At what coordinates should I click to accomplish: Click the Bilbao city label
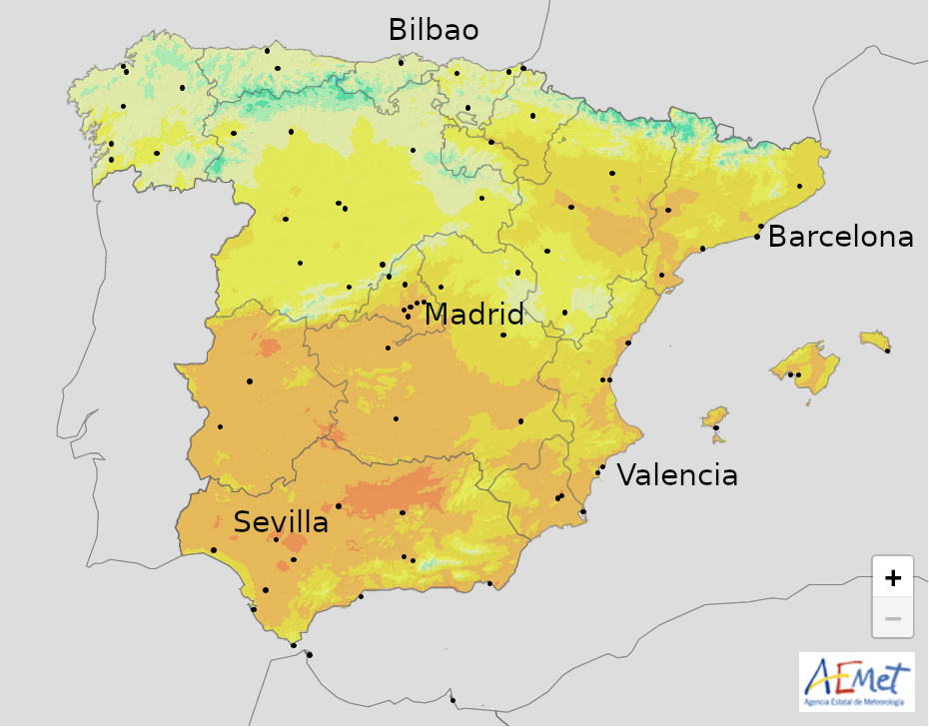(x=434, y=30)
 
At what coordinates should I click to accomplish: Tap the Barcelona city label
(x=840, y=237)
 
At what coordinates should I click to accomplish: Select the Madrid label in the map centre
(x=474, y=315)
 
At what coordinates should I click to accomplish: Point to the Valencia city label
(x=677, y=475)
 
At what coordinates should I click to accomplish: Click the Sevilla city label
(x=281, y=522)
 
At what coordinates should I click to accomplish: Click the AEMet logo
(x=856, y=679)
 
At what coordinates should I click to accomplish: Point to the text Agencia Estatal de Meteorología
(x=856, y=703)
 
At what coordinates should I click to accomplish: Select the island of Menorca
(x=874, y=341)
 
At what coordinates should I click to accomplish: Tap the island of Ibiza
(x=714, y=416)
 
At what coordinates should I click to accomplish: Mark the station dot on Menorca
(x=887, y=351)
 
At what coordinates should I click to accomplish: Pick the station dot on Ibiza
(x=716, y=427)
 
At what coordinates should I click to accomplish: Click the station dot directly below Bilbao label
(x=401, y=63)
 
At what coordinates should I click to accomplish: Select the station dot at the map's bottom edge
(x=453, y=699)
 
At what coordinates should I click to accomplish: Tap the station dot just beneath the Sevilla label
(x=276, y=540)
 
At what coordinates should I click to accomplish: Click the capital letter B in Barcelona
(x=777, y=238)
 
